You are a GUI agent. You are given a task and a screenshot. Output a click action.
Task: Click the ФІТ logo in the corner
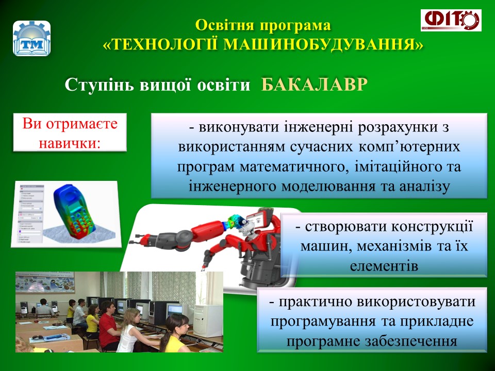[451, 20]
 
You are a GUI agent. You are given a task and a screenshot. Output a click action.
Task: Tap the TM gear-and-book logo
[31, 39]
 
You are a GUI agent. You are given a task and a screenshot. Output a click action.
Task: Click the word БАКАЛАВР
[315, 85]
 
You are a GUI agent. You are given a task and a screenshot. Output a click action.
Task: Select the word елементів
[384, 266]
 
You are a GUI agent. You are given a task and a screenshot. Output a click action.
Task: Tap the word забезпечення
[411, 341]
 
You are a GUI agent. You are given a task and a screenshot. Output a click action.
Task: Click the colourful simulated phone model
[74, 210]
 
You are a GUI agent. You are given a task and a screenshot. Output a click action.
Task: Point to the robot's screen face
[258, 220]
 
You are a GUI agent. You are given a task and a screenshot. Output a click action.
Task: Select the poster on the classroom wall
[45, 282]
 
